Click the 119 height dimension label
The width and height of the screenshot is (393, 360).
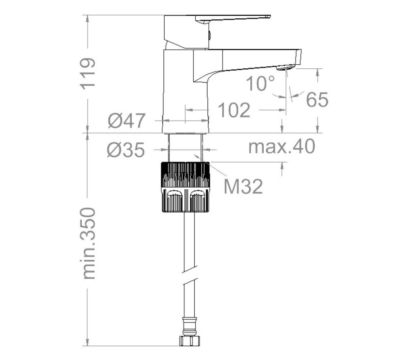coord(88,73)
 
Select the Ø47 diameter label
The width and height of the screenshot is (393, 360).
coord(127,121)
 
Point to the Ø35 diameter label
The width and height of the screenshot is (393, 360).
coord(126,150)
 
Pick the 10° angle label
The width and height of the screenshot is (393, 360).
coord(261,83)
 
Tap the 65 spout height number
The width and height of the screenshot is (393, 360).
coord(317,99)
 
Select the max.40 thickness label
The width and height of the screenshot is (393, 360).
coord(282,147)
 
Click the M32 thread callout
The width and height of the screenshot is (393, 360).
coord(243,186)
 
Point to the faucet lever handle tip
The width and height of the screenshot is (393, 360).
coord(269,16)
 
